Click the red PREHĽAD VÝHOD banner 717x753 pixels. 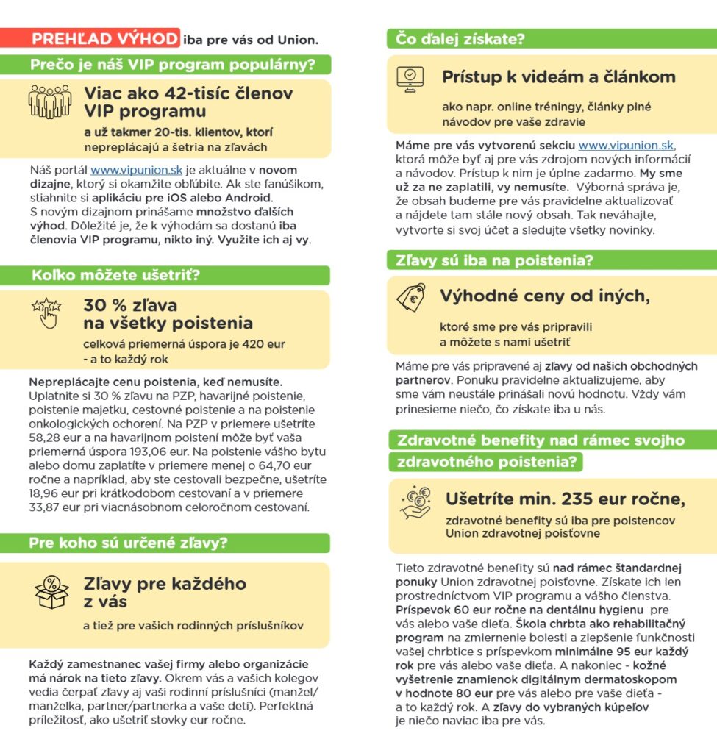[105, 38]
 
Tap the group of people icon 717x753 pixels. [49, 101]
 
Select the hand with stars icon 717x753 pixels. [46, 313]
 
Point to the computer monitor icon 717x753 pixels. [410, 77]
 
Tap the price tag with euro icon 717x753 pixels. [411, 296]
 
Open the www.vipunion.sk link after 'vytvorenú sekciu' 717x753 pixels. [626, 145]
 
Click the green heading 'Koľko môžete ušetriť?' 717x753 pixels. [115, 276]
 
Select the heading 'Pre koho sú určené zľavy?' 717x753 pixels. [128, 543]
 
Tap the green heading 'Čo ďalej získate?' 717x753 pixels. [460, 38]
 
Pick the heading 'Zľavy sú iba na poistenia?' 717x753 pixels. [494, 260]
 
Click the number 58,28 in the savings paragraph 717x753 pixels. [46, 438]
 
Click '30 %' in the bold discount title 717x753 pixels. [101, 305]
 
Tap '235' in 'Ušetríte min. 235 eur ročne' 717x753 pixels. [578, 499]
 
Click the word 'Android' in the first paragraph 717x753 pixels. [246, 198]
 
